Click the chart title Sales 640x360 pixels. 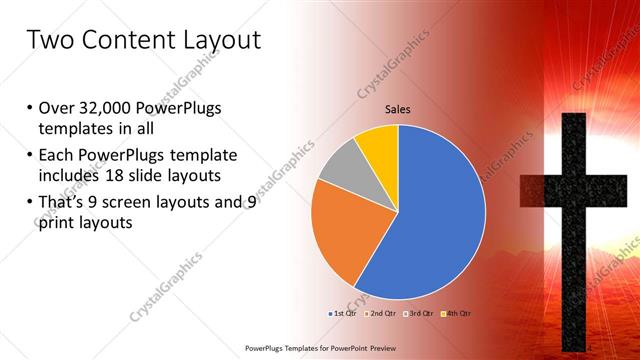pyautogui.click(x=398, y=109)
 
